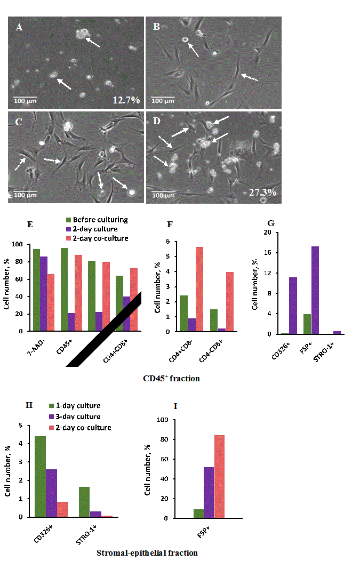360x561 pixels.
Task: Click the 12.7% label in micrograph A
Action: [x=126, y=100]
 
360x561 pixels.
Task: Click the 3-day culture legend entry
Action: [x=82, y=416]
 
